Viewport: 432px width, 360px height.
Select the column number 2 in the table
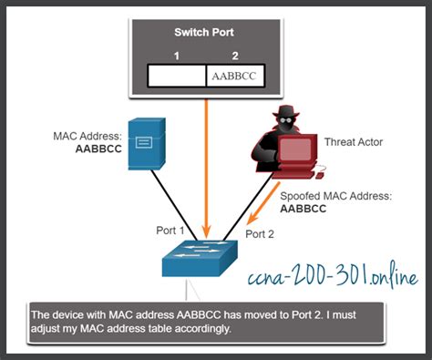click(x=235, y=56)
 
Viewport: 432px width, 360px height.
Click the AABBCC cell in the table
click(x=236, y=76)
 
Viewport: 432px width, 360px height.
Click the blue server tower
click(x=149, y=145)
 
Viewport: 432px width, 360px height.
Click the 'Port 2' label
click(x=257, y=233)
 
